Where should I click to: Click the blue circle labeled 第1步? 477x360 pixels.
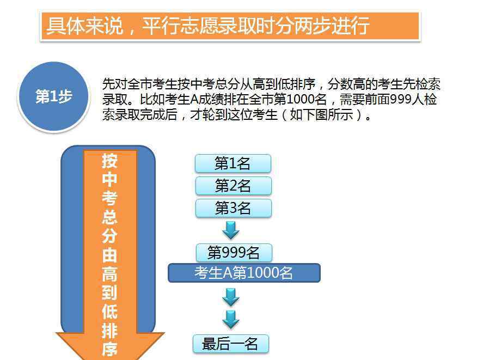53,96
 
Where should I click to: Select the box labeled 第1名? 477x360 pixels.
233,163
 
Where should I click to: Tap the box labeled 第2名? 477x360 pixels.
233,186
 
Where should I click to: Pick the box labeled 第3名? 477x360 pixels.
233,208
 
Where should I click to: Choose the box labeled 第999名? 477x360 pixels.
234,253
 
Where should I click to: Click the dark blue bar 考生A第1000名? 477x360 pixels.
244,273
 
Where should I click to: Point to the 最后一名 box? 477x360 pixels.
231,344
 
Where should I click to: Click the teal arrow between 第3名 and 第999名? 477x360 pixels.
231,230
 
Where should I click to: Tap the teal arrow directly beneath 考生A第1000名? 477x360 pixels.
231,297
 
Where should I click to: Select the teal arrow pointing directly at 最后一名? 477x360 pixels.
231,320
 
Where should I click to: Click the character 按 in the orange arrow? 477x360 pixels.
109,161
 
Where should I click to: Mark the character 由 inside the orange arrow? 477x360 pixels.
109,255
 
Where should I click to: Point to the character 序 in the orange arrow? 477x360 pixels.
109,349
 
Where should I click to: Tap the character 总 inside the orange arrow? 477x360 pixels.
109,217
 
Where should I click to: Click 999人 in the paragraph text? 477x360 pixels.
407,99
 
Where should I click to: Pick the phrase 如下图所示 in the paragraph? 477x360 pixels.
322,115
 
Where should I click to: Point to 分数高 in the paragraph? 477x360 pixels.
346,84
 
